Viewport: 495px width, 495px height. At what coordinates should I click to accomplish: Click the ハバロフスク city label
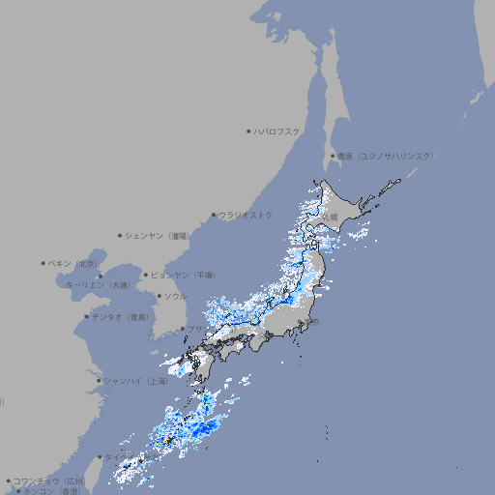pyautogui.click(x=277, y=131)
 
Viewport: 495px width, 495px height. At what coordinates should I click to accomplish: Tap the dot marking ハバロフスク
pyautogui.click(x=248, y=131)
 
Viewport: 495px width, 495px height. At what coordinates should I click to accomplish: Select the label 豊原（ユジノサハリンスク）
pyautogui.click(x=385, y=156)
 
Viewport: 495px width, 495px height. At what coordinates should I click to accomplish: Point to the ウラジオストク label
pyautogui.click(x=247, y=215)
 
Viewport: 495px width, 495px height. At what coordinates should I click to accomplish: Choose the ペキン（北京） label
pyautogui.click(x=74, y=263)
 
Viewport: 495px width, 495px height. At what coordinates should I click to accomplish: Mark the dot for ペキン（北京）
pyautogui.click(x=44, y=263)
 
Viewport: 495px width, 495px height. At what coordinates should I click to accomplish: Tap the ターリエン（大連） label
pyautogui.click(x=98, y=285)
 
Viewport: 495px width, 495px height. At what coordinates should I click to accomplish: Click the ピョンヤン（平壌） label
pyautogui.click(x=184, y=275)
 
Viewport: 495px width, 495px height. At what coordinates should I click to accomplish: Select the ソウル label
pyautogui.click(x=175, y=296)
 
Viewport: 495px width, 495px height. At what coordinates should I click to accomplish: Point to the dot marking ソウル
pyautogui.click(x=159, y=296)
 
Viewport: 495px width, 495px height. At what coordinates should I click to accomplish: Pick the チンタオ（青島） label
pyautogui.click(x=120, y=316)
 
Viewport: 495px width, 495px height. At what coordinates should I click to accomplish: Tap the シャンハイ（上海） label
pyautogui.click(x=135, y=381)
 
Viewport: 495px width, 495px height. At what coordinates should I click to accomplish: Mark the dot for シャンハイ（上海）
pyautogui.click(x=99, y=381)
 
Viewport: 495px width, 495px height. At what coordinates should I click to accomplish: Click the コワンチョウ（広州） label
pyautogui.click(x=49, y=480)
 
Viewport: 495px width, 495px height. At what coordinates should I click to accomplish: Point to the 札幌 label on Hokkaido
pyautogui.click(x=330, y=218)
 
